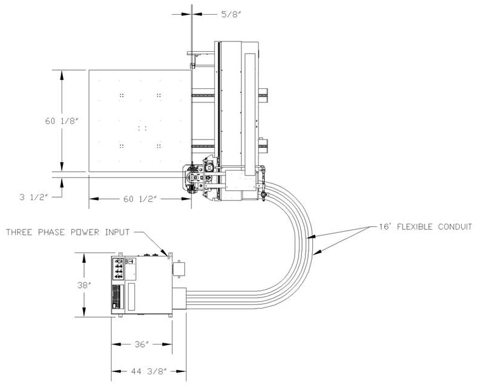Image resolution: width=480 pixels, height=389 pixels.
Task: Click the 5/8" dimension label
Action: (x=229, y=14)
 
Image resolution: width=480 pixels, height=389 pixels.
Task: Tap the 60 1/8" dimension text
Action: (x=62, y=121)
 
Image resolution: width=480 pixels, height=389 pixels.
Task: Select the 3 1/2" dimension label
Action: (x=34, y=197)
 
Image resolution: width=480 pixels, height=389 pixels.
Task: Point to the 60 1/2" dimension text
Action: (x=140, y=199)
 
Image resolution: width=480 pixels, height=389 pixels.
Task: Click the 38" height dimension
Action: (x=84, y=285)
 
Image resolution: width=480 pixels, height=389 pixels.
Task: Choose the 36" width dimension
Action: (x=141, y=344)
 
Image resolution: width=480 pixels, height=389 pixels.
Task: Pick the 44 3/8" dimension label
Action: (x=149, y=371)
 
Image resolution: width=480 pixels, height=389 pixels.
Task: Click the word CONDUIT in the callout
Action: (x=455, y=227)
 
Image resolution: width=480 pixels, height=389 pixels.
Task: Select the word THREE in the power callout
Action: (x=20, y=232)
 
